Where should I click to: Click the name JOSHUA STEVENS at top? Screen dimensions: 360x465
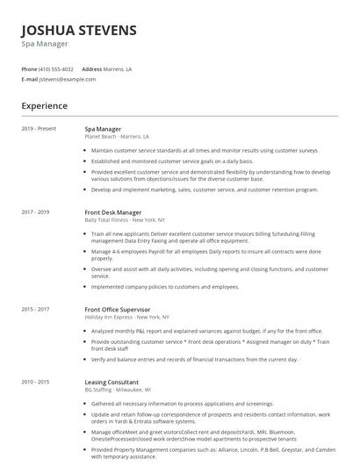(79, 31)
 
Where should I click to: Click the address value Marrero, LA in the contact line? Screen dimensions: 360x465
(117, 68)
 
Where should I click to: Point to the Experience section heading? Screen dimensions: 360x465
(45, 106)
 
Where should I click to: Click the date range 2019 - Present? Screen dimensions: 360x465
(39, 129)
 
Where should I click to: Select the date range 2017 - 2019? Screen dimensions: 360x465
(36, 212)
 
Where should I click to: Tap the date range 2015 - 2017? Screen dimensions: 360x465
(36, 309)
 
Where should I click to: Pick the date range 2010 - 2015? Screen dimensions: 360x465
(36, 382)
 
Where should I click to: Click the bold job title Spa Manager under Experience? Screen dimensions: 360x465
(104, 129)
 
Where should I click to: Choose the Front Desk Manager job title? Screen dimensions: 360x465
(113, 212)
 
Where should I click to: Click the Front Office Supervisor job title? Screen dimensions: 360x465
(117, 309)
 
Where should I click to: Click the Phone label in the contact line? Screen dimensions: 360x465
(29, 68)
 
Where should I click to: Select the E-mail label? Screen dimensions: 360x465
(30, 79)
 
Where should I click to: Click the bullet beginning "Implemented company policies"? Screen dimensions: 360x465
(164, 287)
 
